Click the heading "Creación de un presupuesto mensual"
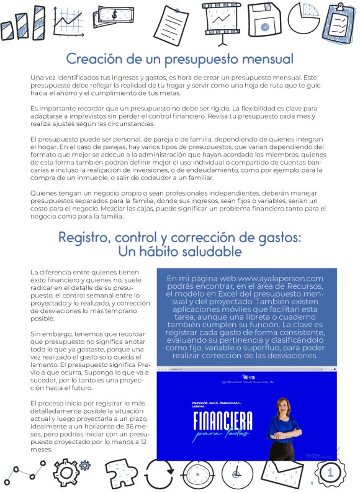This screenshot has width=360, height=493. (179, 60)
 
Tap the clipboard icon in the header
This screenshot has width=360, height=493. (337, 22)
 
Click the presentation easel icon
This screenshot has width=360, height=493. (222, 24)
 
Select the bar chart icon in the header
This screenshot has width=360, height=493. (17, 25)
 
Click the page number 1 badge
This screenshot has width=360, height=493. (330, 473)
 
